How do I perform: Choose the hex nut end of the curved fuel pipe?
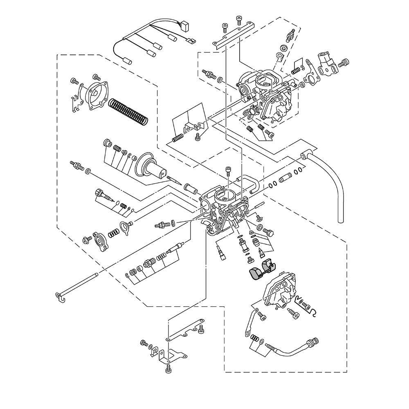point(315,341)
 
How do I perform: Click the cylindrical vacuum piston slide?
point(153,166)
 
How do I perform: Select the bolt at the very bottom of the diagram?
point(168,370)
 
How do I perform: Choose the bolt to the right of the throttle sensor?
point(344,63)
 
